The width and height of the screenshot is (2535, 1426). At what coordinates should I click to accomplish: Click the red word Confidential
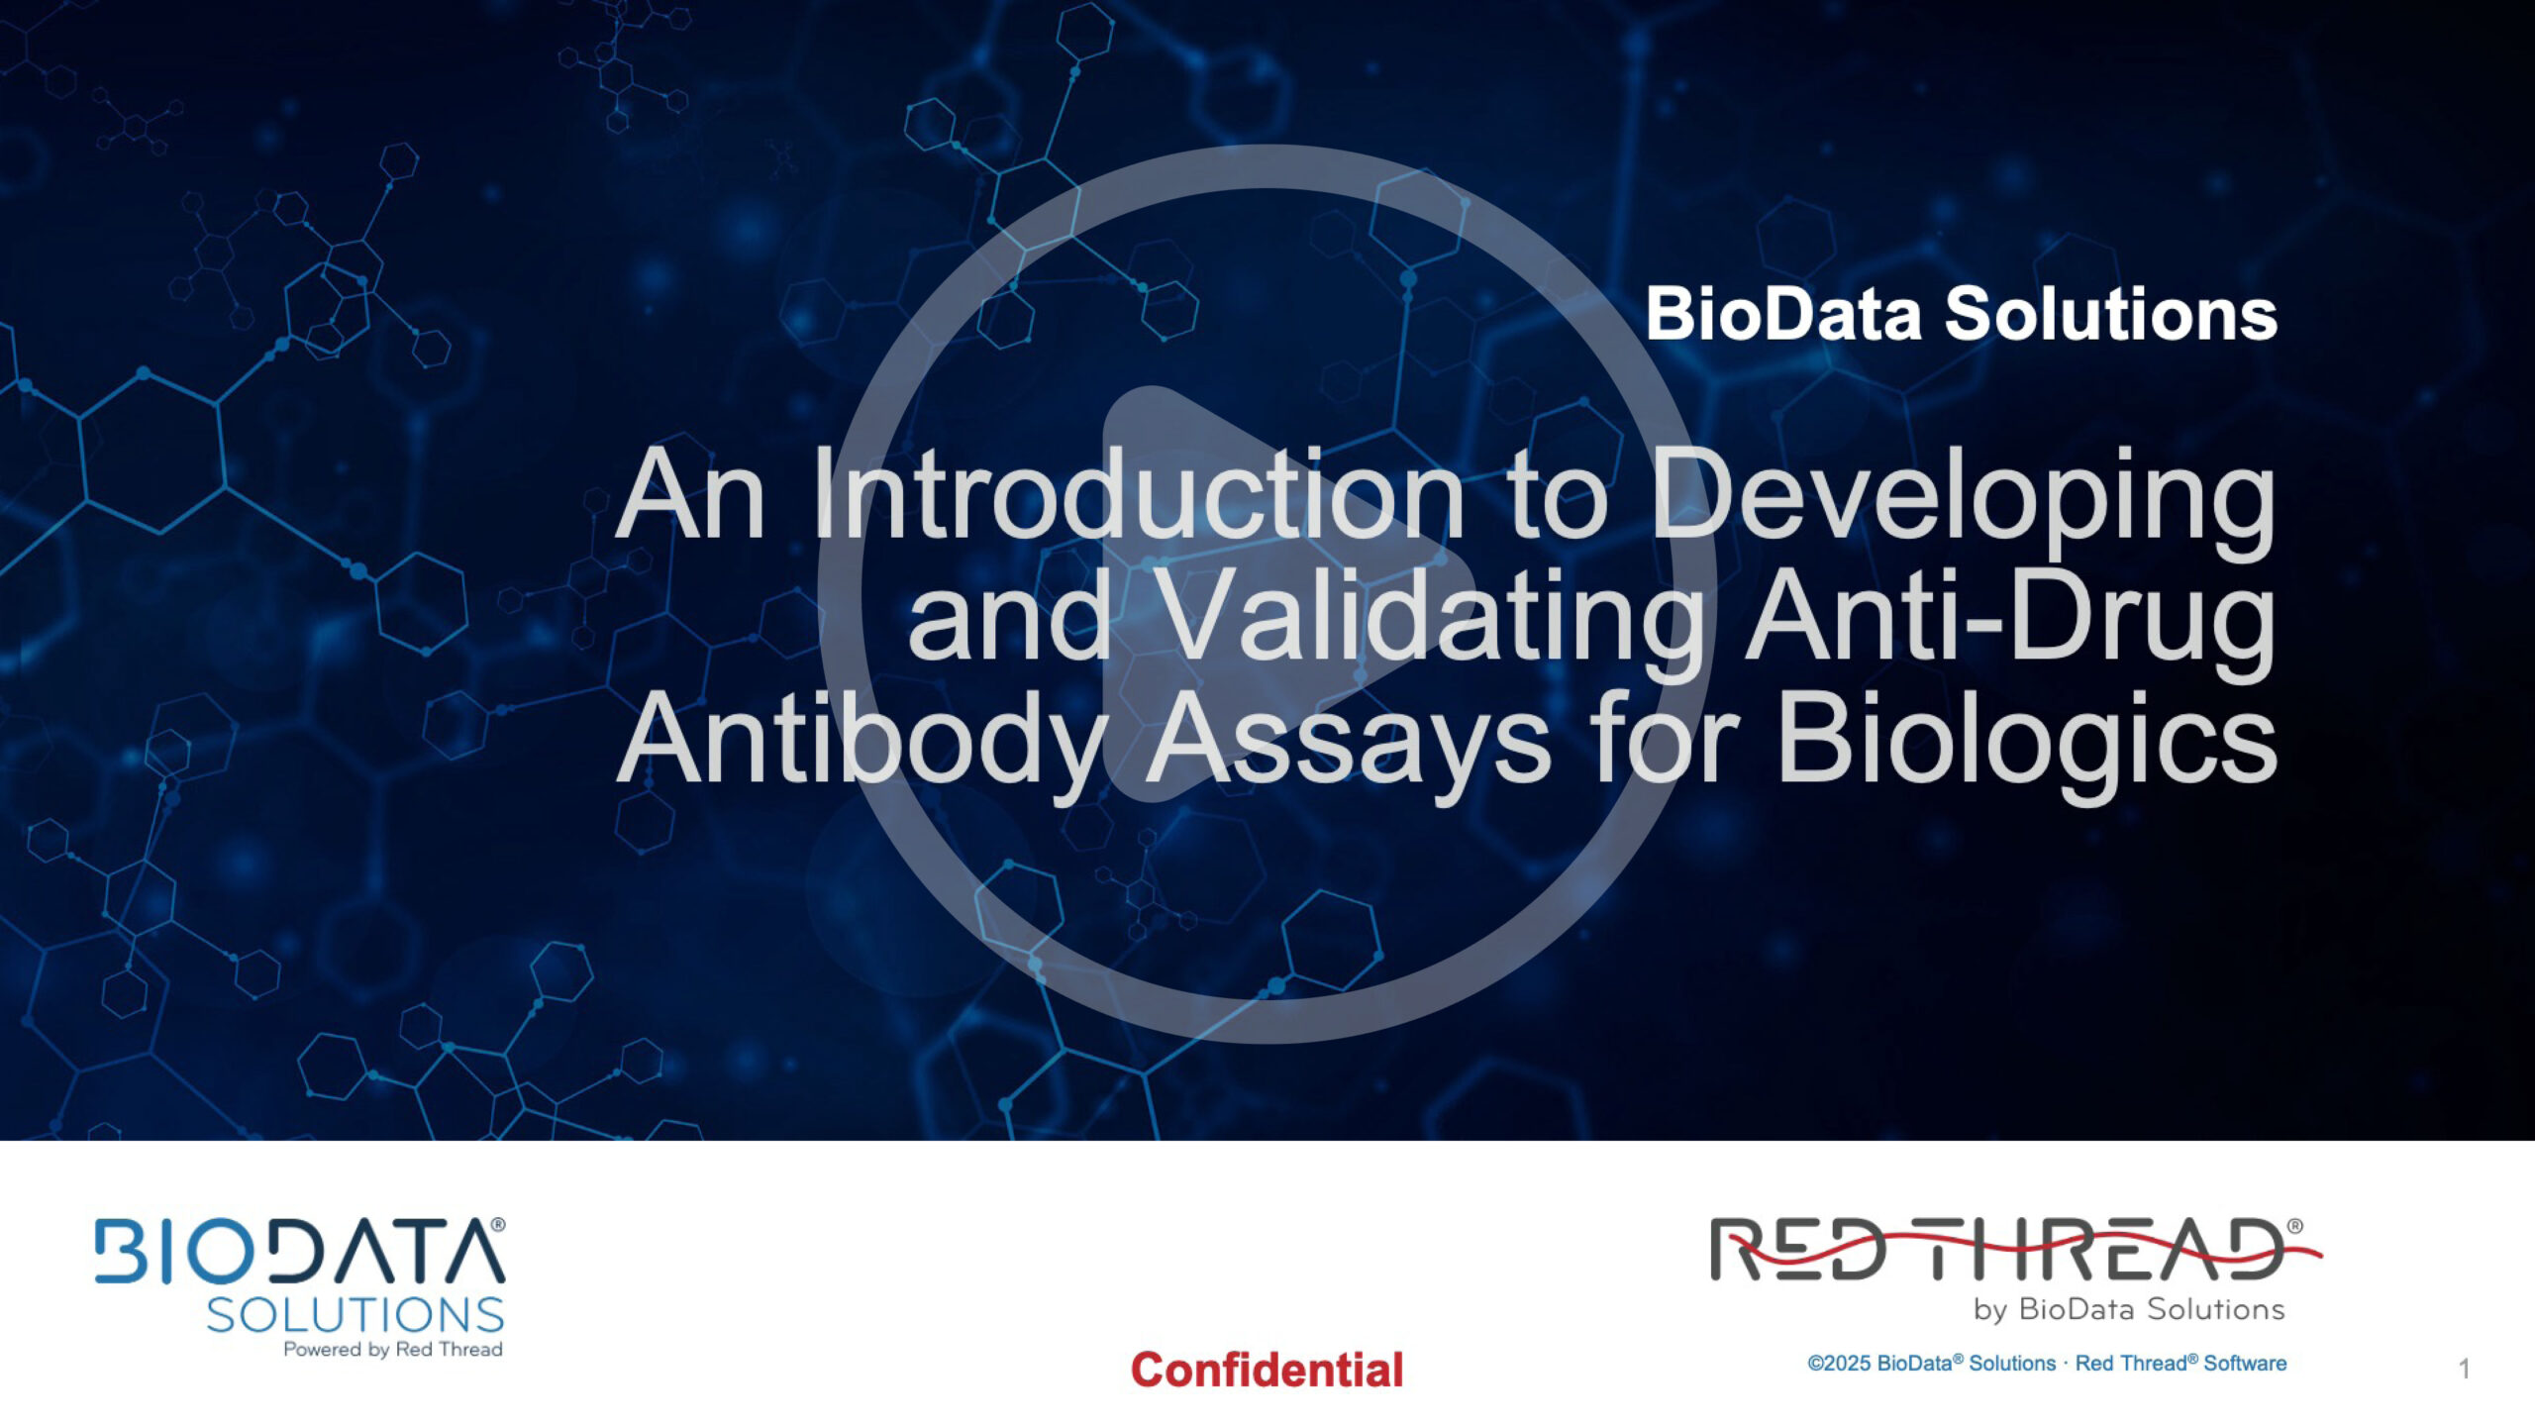(x=1267, y=1370)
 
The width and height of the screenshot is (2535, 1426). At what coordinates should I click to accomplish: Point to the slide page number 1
(x=2465, y=1370)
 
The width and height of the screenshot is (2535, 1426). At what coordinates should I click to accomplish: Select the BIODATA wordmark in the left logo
(x=300, y=1250)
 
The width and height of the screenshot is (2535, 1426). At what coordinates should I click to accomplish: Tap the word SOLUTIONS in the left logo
(x=355, y=1315)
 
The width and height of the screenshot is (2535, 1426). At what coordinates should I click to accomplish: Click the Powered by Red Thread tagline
(x=393, y=1350)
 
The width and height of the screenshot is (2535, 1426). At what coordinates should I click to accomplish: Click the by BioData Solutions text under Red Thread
(x=2129, y=1310)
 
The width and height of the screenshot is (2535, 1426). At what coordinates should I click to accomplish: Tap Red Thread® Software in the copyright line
(x=2180, y=1364)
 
